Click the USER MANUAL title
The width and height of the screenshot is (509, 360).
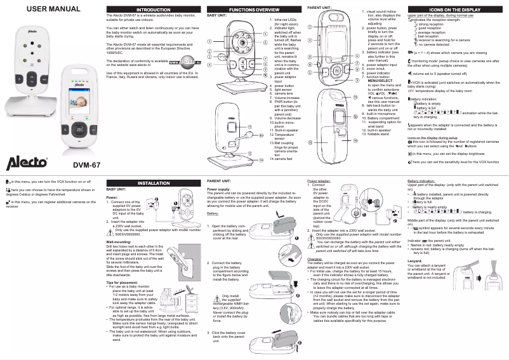point(39,8)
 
